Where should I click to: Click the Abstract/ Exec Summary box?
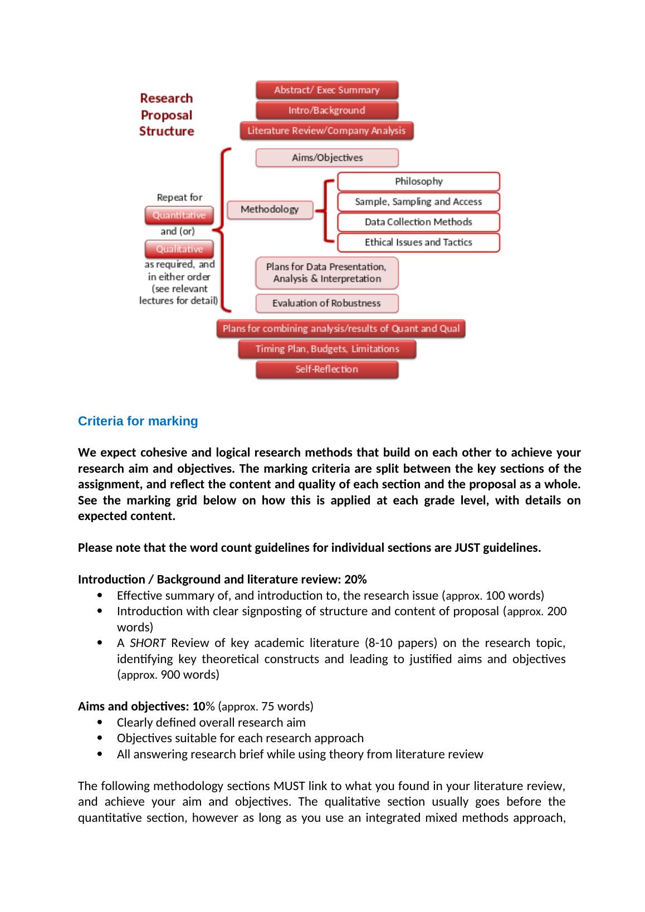point(327,90)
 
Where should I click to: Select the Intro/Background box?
point(327,110)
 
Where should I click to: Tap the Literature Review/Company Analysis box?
point(327,131)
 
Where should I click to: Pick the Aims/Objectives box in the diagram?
point(327,158)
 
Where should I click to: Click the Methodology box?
point(270,209)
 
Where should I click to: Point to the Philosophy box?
point(418,182)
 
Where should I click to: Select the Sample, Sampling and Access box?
point(418,202)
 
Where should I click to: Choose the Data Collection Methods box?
point(418,222)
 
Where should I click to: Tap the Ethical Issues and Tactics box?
point(418,242)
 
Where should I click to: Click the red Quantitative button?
point(179,215)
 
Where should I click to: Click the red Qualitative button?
point(179,249)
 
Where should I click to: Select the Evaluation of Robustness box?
point(327,303)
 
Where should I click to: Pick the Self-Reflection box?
point(327,369)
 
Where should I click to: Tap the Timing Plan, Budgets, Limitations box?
point(327,349)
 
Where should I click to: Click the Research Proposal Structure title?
point(167,115)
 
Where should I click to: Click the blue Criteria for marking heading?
point(138,421)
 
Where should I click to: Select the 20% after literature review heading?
point(355,580)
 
